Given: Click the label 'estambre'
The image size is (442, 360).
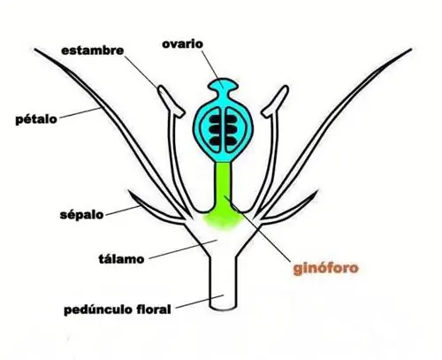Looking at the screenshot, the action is (93, 50).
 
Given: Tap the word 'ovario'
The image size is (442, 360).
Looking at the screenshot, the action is (182, 44).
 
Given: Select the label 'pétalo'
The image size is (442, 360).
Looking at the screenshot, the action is (36, 119).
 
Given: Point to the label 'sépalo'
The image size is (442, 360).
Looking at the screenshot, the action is (81, 214).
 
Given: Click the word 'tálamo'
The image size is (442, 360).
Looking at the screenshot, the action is (121, 259).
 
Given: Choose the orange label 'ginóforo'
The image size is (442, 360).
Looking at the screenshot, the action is (325, 268).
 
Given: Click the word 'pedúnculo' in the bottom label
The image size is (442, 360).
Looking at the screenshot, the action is (98, 310).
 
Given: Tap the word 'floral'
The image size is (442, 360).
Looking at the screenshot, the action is (154, 310).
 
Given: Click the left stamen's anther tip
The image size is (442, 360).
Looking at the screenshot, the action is (162, 88).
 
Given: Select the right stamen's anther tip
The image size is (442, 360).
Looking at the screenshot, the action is (285, 88).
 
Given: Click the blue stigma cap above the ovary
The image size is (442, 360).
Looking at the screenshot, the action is (223, 84).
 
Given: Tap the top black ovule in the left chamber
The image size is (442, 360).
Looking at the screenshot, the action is (215, 119).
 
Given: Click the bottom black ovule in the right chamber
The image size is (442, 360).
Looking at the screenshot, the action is (231, 142).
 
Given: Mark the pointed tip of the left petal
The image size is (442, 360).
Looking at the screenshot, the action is (35, 50).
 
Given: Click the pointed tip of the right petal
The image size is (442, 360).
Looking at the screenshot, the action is (410, 50).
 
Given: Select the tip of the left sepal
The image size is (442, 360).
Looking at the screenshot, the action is (129, 191).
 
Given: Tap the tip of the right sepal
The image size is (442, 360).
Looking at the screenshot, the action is (316, 191).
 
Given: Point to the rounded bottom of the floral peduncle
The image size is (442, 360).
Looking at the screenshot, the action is (223, 309).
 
